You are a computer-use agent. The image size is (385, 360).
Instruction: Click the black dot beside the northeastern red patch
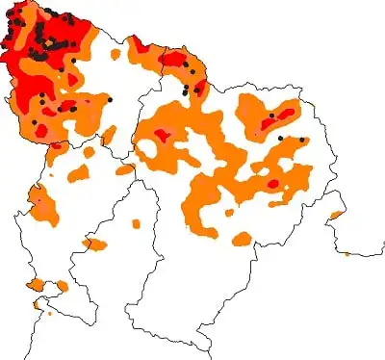point(272,116)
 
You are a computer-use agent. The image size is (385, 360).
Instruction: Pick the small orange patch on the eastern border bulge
point(336,214)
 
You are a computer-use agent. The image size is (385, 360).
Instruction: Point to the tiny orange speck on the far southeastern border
point(347,254)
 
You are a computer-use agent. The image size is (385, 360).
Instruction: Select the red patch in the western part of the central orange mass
point(162,136)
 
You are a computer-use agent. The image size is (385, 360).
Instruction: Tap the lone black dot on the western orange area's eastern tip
point(111,99)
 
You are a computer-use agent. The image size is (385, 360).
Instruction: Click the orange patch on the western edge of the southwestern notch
point(35,285)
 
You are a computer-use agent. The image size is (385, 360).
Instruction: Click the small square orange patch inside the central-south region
point(136,224)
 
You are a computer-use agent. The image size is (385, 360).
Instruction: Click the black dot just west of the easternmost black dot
point(280,139)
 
